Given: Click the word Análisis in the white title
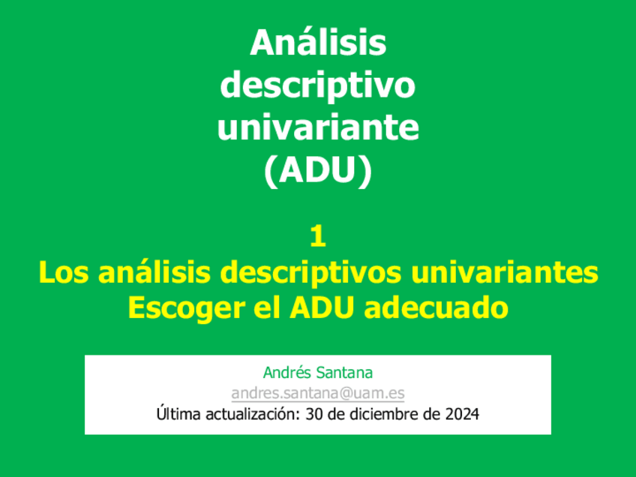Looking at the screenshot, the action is [318, 43].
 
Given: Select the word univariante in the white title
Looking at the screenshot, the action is [318, 127].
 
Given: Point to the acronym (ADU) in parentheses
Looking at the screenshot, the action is [318, 170].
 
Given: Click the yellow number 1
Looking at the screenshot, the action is [318, 236].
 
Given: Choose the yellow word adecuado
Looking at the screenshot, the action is [436, 307].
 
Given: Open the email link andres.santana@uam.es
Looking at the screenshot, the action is [318, 393].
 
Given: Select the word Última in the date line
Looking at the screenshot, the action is [178, 414].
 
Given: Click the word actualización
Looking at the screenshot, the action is [253, 415].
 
